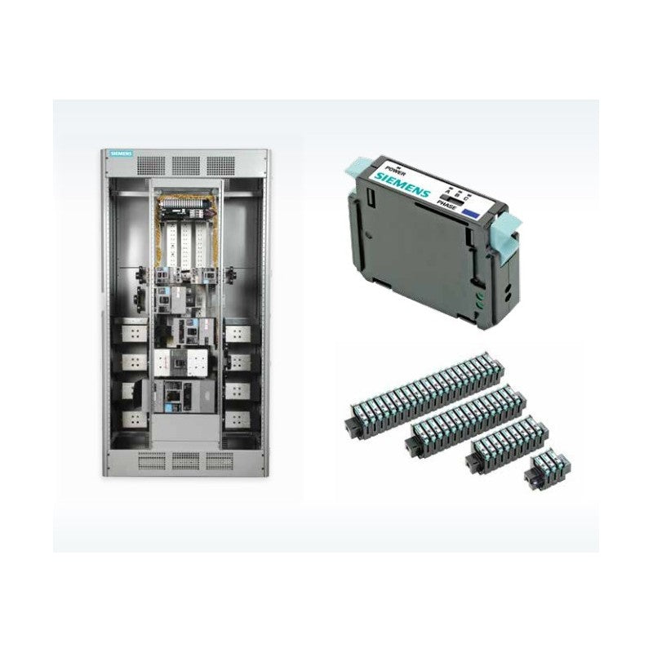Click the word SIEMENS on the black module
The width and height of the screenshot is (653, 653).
point(404,185)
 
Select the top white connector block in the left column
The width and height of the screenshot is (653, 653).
point(133,333)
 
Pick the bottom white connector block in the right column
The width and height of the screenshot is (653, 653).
point(238,420)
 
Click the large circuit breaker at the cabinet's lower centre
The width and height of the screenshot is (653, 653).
point(184,395)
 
